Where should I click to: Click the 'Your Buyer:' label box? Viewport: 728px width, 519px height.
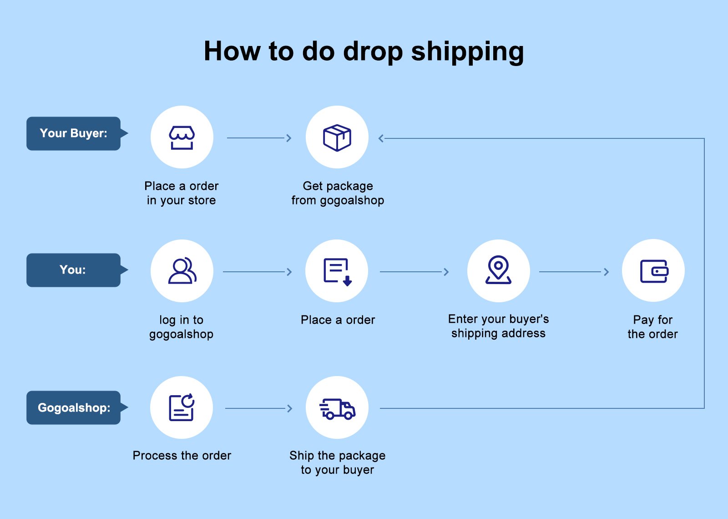point(74,133)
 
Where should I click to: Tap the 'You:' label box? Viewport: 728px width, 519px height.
point(74,270)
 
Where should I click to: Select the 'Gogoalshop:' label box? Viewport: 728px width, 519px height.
point(74,407)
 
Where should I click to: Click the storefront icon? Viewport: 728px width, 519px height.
point(182,137)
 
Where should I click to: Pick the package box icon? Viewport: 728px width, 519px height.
point(337,137)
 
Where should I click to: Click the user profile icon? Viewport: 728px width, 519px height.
point(182,271)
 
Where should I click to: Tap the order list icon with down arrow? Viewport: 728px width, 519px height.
point(337,271)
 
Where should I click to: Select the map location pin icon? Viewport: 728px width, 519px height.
point(498,270)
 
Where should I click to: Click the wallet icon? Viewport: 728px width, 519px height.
point(653,271)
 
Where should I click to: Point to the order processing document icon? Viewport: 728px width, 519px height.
point(182,407)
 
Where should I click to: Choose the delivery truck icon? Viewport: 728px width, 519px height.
point(337,408)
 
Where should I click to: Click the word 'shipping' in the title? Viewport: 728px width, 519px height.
point(467,51)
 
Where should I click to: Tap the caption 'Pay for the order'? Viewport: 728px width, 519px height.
point(652,327)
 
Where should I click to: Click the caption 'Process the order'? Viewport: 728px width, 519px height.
point(182,455)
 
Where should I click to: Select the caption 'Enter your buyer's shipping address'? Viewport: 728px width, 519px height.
point(498,326)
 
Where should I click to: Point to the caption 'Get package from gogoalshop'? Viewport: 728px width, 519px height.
point(338,193)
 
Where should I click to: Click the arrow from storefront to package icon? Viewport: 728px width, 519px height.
point(259,138)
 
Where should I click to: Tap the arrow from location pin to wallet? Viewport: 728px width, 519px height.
point(574,272)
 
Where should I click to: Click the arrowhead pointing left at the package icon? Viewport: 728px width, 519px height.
point(381,138)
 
